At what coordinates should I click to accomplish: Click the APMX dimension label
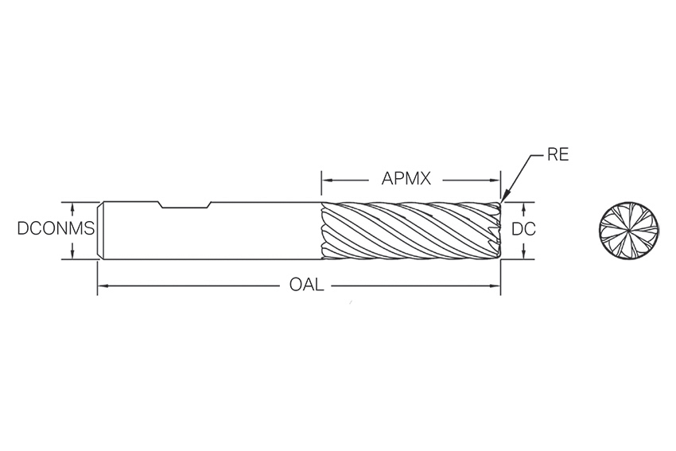406,178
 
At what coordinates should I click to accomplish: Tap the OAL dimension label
306,285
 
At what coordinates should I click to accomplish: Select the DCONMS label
56,228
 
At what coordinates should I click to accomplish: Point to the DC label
523,229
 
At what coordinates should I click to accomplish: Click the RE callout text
558,155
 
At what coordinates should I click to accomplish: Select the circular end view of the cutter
628,231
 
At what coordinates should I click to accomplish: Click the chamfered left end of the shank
100,231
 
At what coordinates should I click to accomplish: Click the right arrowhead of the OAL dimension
495,285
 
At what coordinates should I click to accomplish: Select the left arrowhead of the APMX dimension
327,180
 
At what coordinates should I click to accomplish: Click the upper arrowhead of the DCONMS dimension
72,208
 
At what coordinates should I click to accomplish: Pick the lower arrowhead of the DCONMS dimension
72,254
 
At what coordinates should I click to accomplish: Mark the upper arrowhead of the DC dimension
523,208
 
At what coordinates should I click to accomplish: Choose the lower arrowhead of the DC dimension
523,254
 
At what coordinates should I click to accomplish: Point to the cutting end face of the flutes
499,231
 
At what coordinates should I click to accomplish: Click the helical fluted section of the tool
410,231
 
